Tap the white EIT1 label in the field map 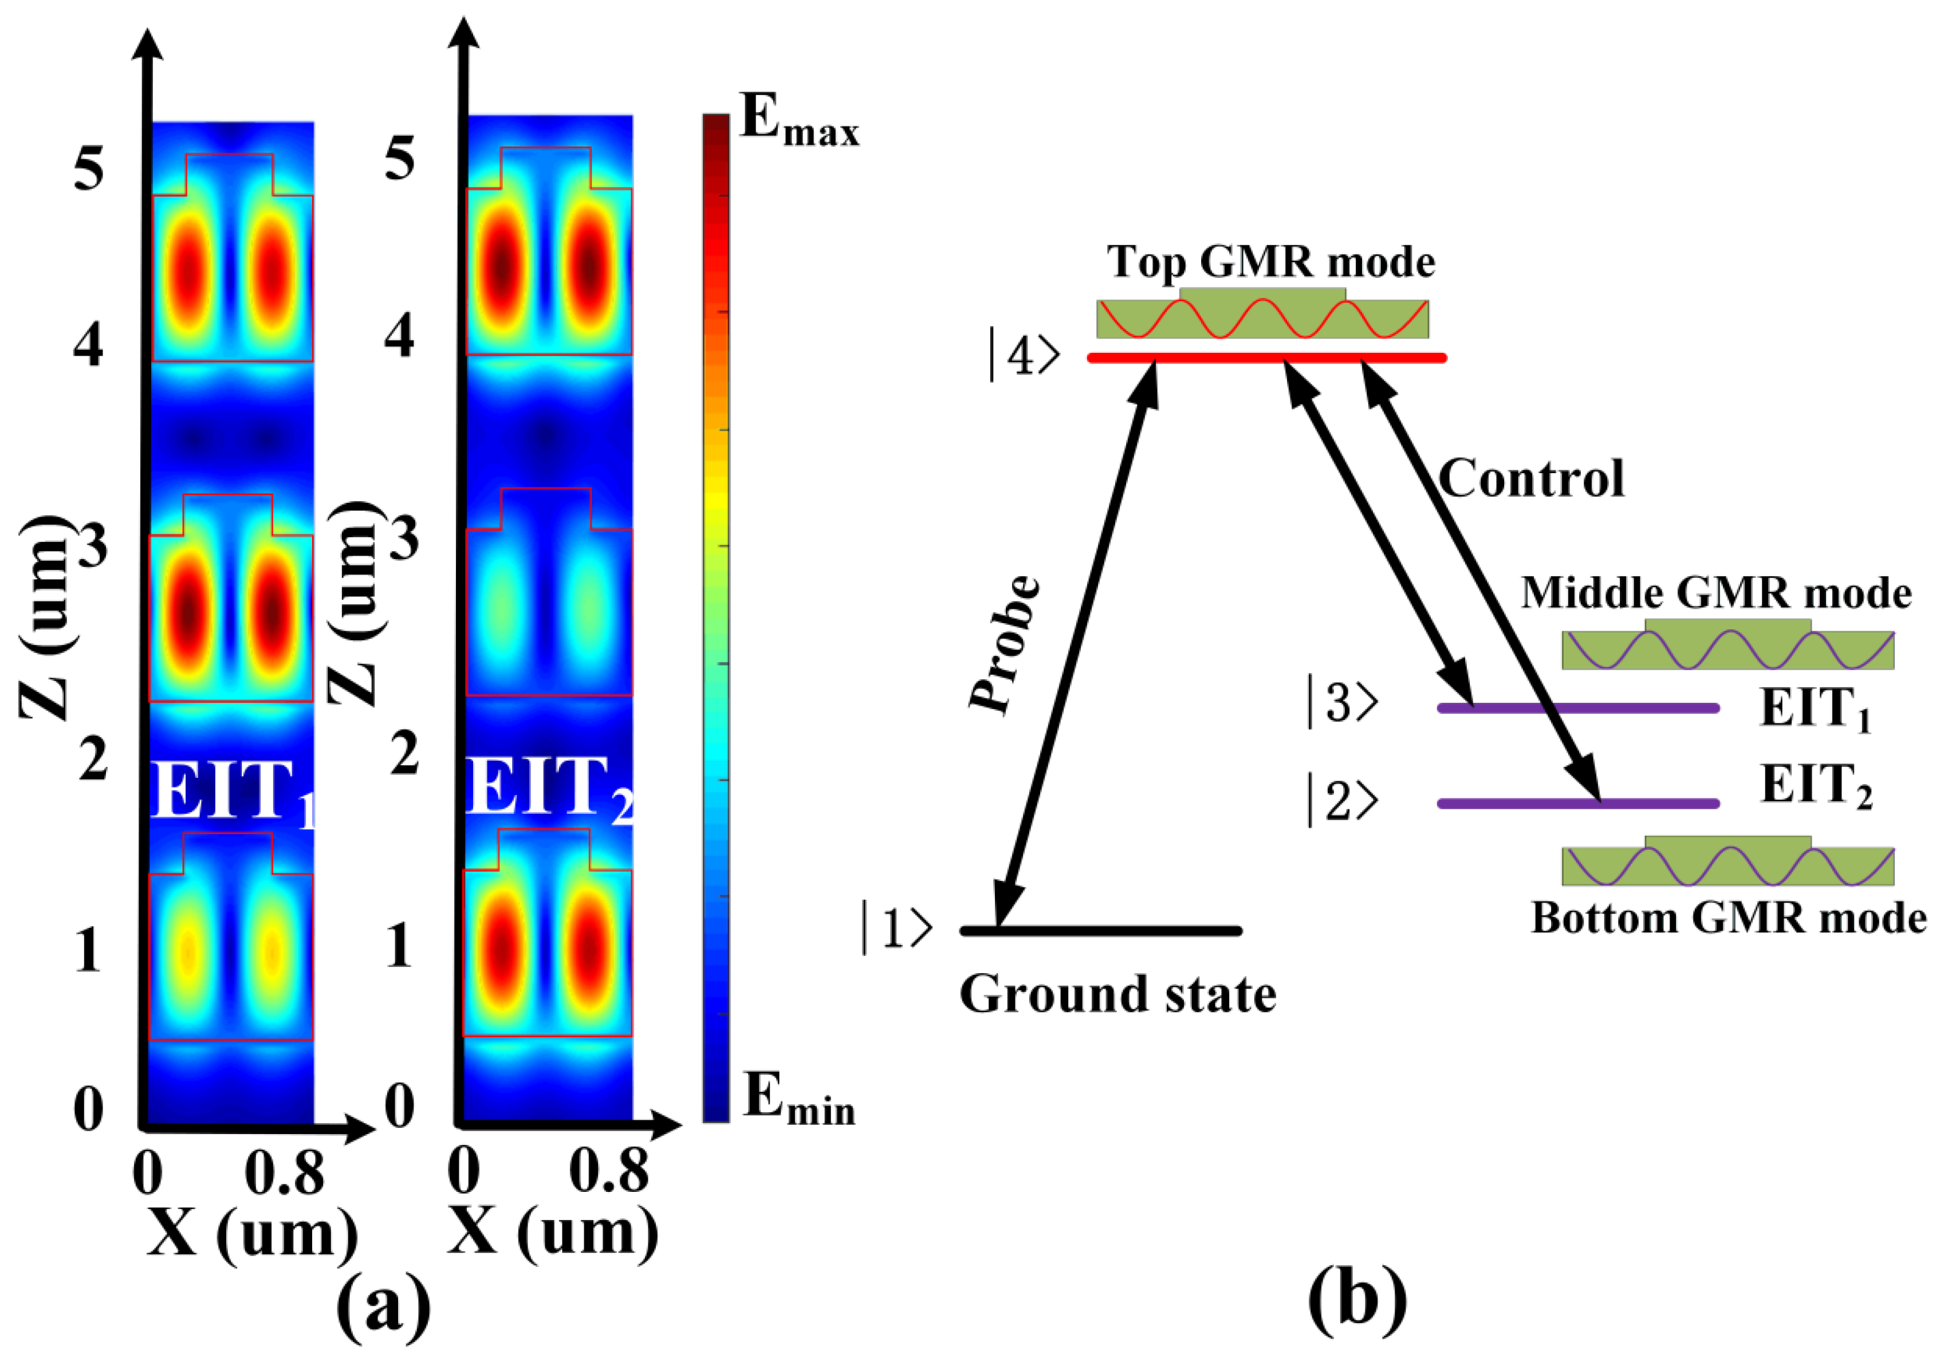tap(233, 790)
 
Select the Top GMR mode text tap(1271, 262)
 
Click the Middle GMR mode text tap(1716, 593)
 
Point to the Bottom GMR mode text tap(1729, 919)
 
